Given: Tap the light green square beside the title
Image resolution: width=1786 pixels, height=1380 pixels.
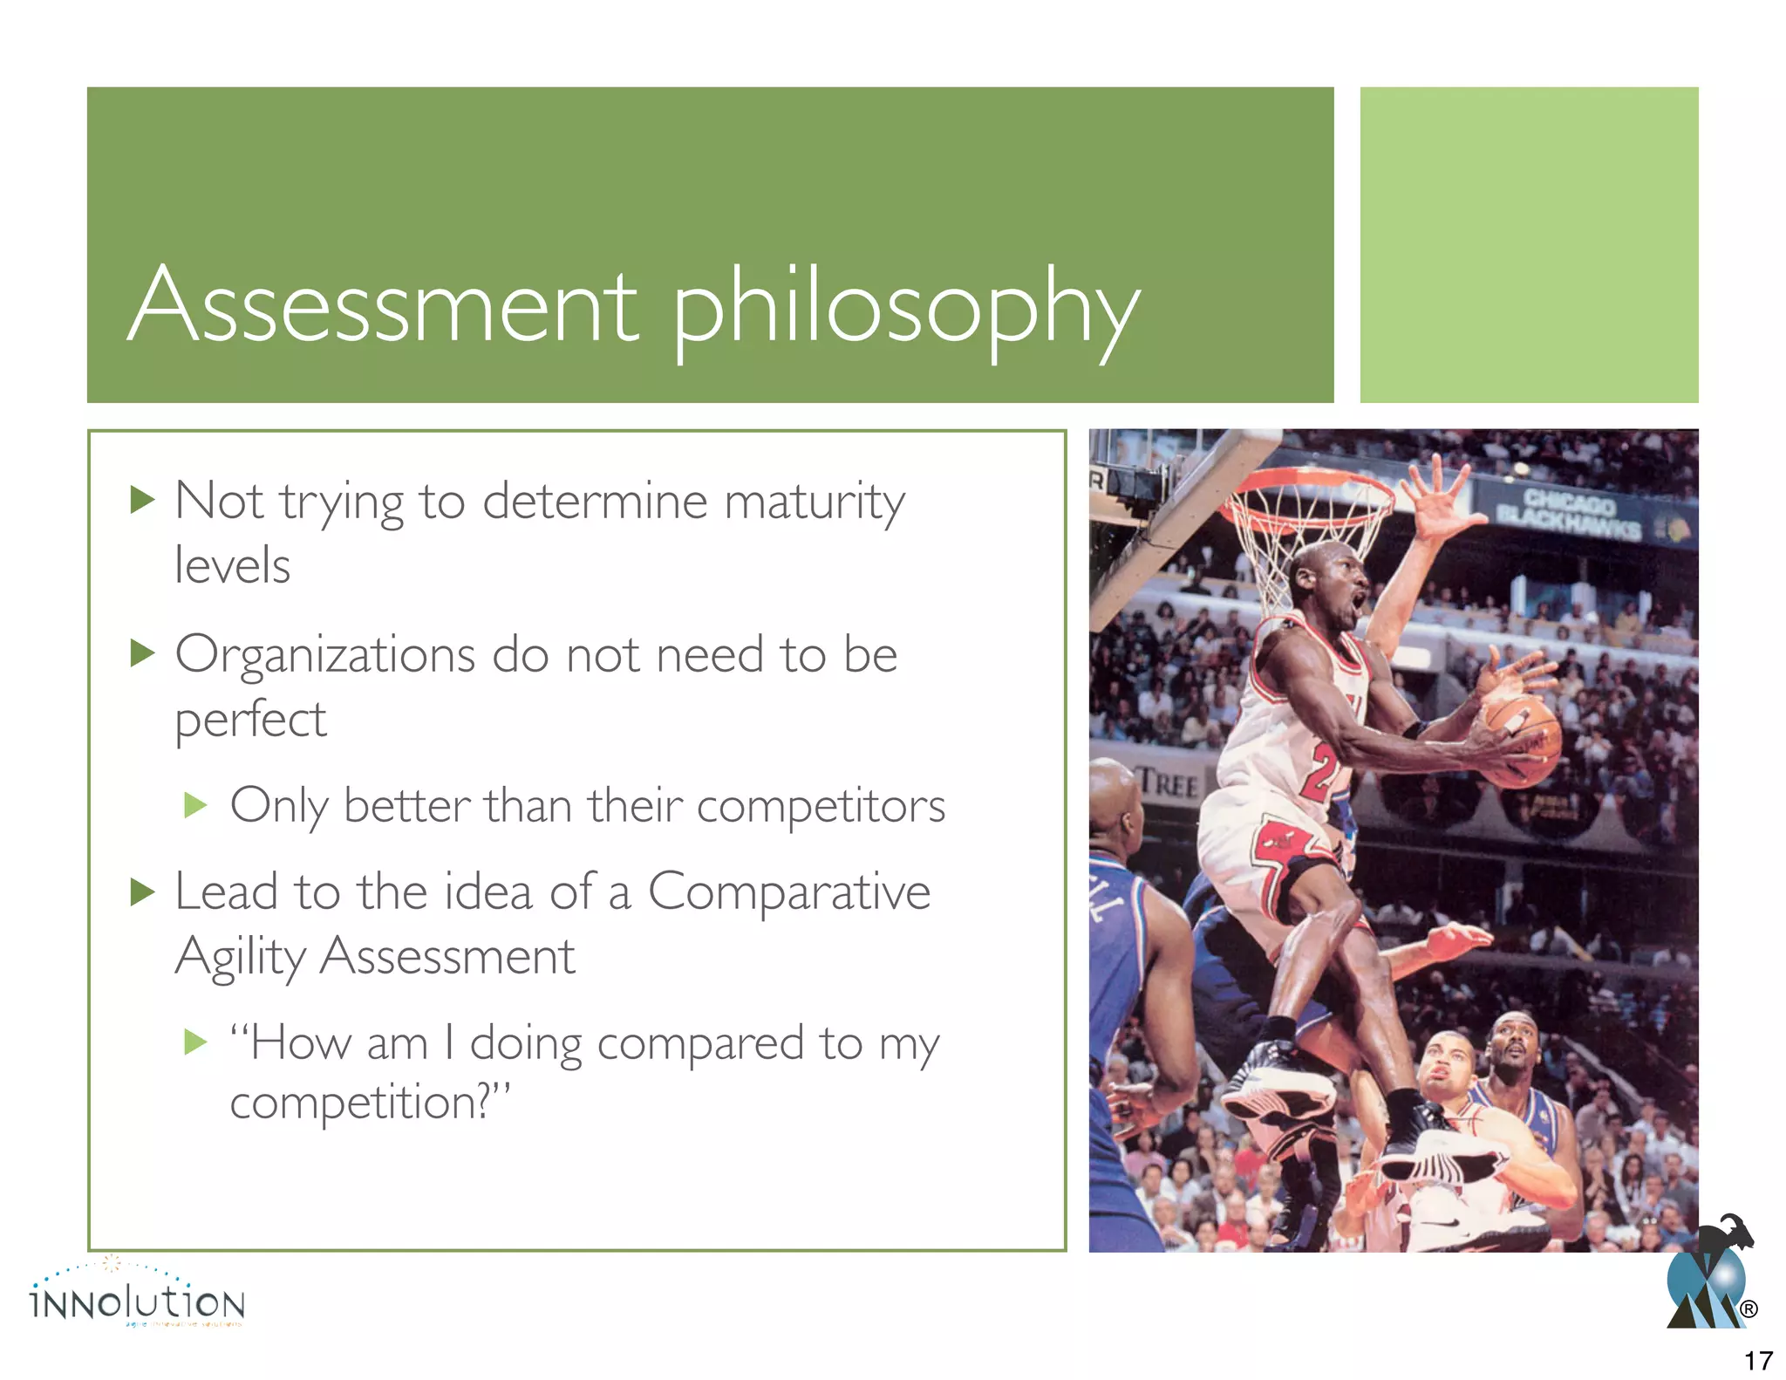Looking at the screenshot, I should [1529, 244].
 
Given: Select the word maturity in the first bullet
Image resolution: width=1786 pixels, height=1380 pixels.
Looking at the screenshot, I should [815, 504].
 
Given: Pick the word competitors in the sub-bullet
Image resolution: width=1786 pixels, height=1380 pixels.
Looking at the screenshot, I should [821, 806].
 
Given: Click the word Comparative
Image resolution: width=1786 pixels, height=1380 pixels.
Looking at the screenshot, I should [788, 893].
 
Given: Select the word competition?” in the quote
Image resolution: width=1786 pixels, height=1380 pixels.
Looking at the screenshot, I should [369, 1103].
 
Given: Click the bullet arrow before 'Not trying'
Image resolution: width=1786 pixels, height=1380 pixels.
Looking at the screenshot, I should [142, 500].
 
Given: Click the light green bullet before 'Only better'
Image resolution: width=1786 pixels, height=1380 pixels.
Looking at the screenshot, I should [196, 804].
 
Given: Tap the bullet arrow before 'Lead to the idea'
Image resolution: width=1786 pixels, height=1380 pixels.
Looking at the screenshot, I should [142, 892].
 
